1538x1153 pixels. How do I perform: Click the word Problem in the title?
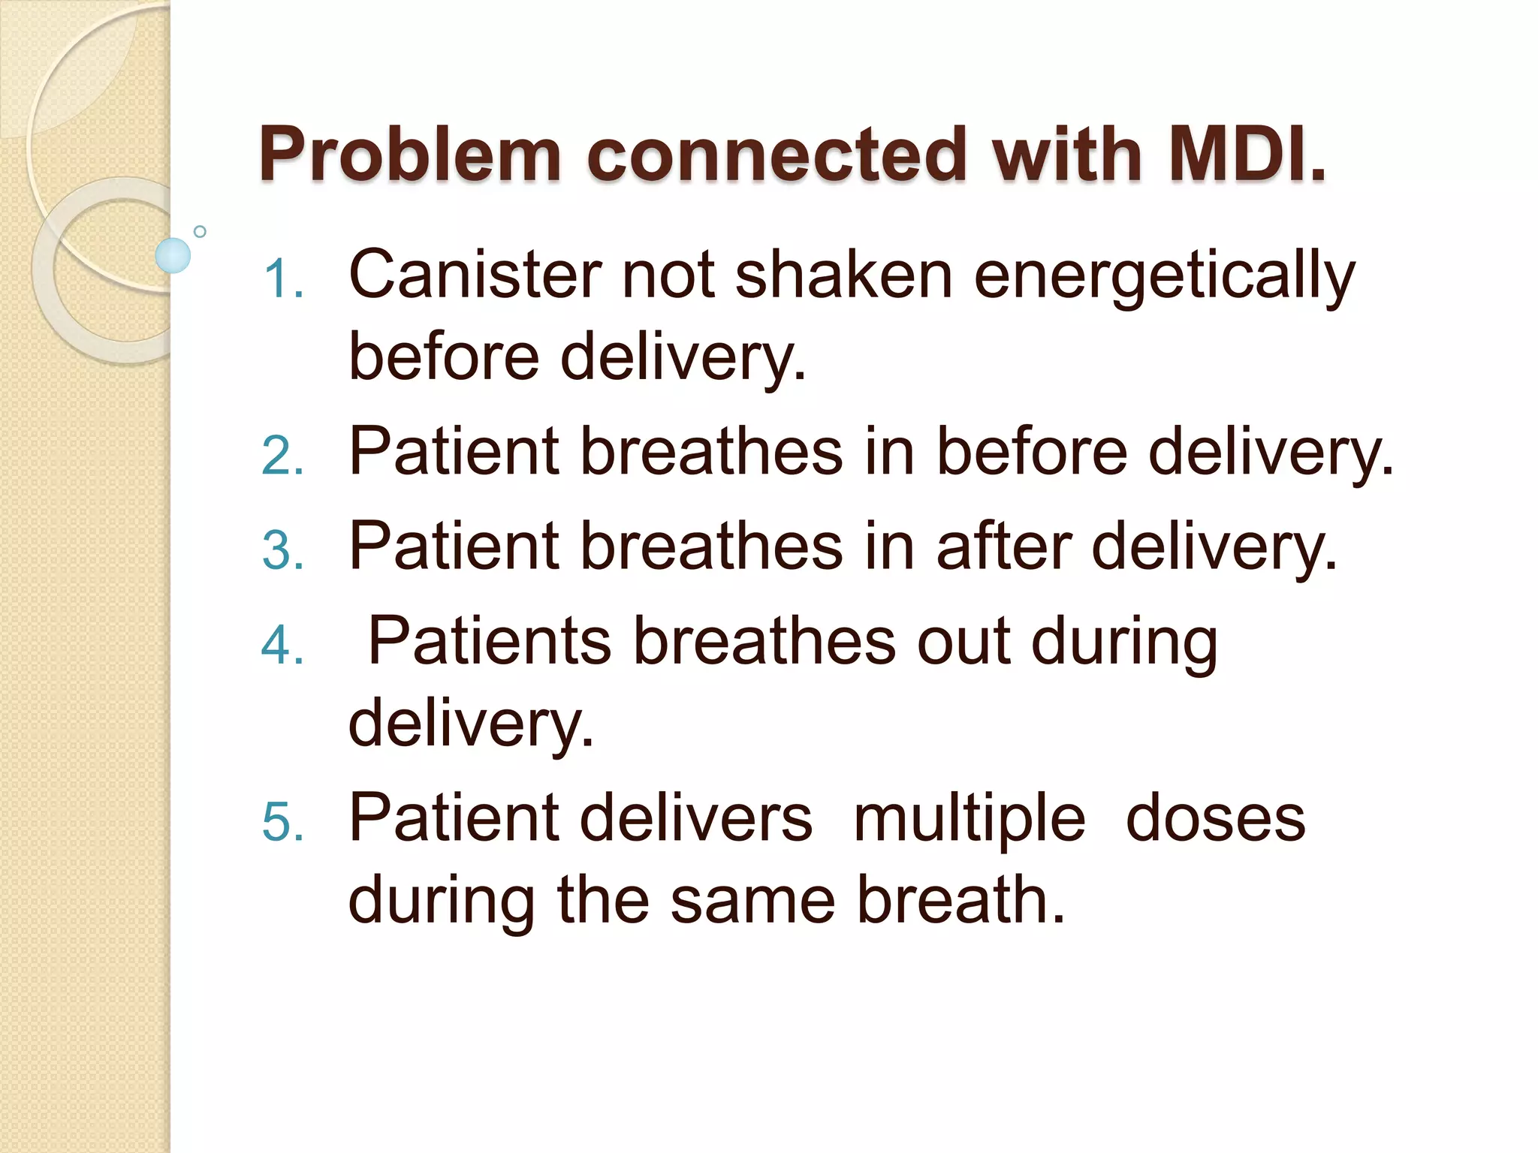[x=410, y=155]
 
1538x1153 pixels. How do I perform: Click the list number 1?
[x=283, y=279]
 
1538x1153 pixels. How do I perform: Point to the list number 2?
[x=283, y=456]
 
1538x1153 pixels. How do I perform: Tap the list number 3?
[x=283, y=550]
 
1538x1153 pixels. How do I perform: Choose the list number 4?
[x=283, y=645]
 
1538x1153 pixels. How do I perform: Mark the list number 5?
[x=283, y=822]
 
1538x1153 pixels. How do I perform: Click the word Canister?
[x=475, y=275]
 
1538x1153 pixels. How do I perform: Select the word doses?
[x=1216, y=817]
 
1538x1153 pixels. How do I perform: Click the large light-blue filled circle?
[x=173, y=255]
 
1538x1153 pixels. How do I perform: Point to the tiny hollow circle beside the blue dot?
[x=200, y=231]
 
